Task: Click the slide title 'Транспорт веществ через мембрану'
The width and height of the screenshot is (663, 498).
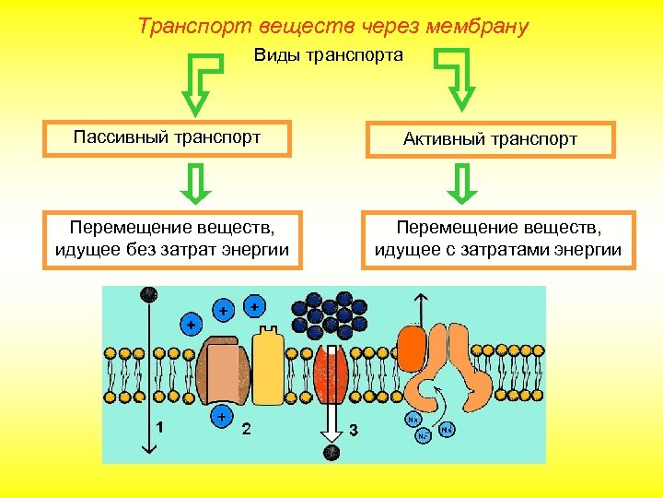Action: point(332,26)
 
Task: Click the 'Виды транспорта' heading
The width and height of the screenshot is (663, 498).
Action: point(329,56)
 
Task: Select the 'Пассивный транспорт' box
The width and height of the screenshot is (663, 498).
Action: point(167,138)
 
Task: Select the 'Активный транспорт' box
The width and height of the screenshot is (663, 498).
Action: point(490,139)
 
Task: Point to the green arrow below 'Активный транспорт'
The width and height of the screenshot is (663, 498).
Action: point(462,183)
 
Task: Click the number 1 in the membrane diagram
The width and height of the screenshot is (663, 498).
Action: point(161,428)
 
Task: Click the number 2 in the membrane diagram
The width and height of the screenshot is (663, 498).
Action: point(246,429)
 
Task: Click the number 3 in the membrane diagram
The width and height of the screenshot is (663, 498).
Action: point(355,430)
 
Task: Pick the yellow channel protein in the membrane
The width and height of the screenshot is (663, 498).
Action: point(268,366)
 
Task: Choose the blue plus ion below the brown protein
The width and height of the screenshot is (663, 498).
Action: point(221,417)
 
